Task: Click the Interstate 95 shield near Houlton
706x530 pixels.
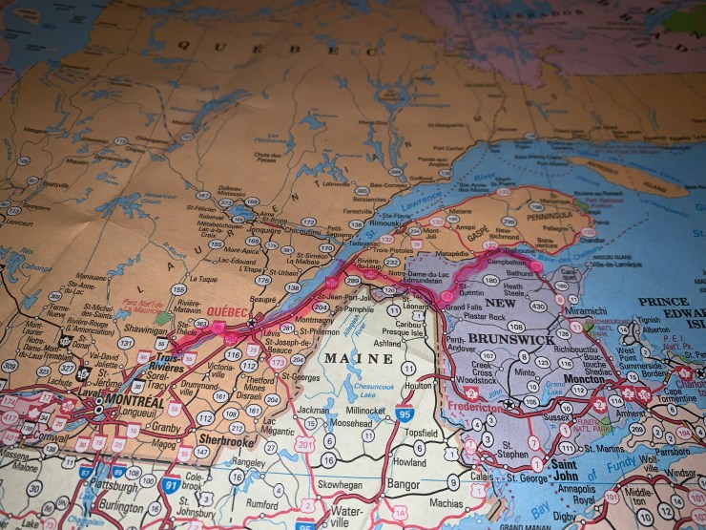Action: pyautogui.click(x=405, y=413)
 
